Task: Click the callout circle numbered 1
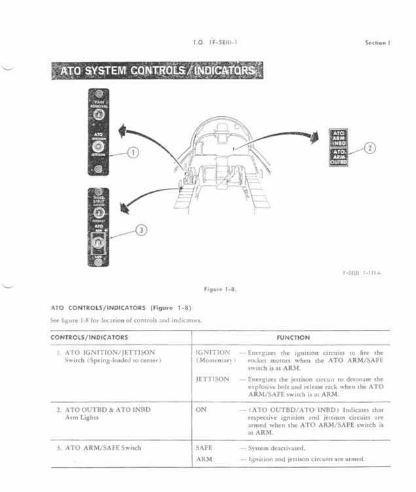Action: [133, 153]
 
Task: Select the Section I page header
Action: [377, 43]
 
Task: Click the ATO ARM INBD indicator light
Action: [339, 138]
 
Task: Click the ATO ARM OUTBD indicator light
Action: [339, 157]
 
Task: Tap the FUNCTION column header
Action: [293, 338]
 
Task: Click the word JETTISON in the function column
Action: [212, 379]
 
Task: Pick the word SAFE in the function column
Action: [204, 448]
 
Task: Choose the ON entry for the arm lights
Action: [201, 408]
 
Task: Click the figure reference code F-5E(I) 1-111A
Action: [363, 273]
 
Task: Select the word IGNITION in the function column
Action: [213, 353]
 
